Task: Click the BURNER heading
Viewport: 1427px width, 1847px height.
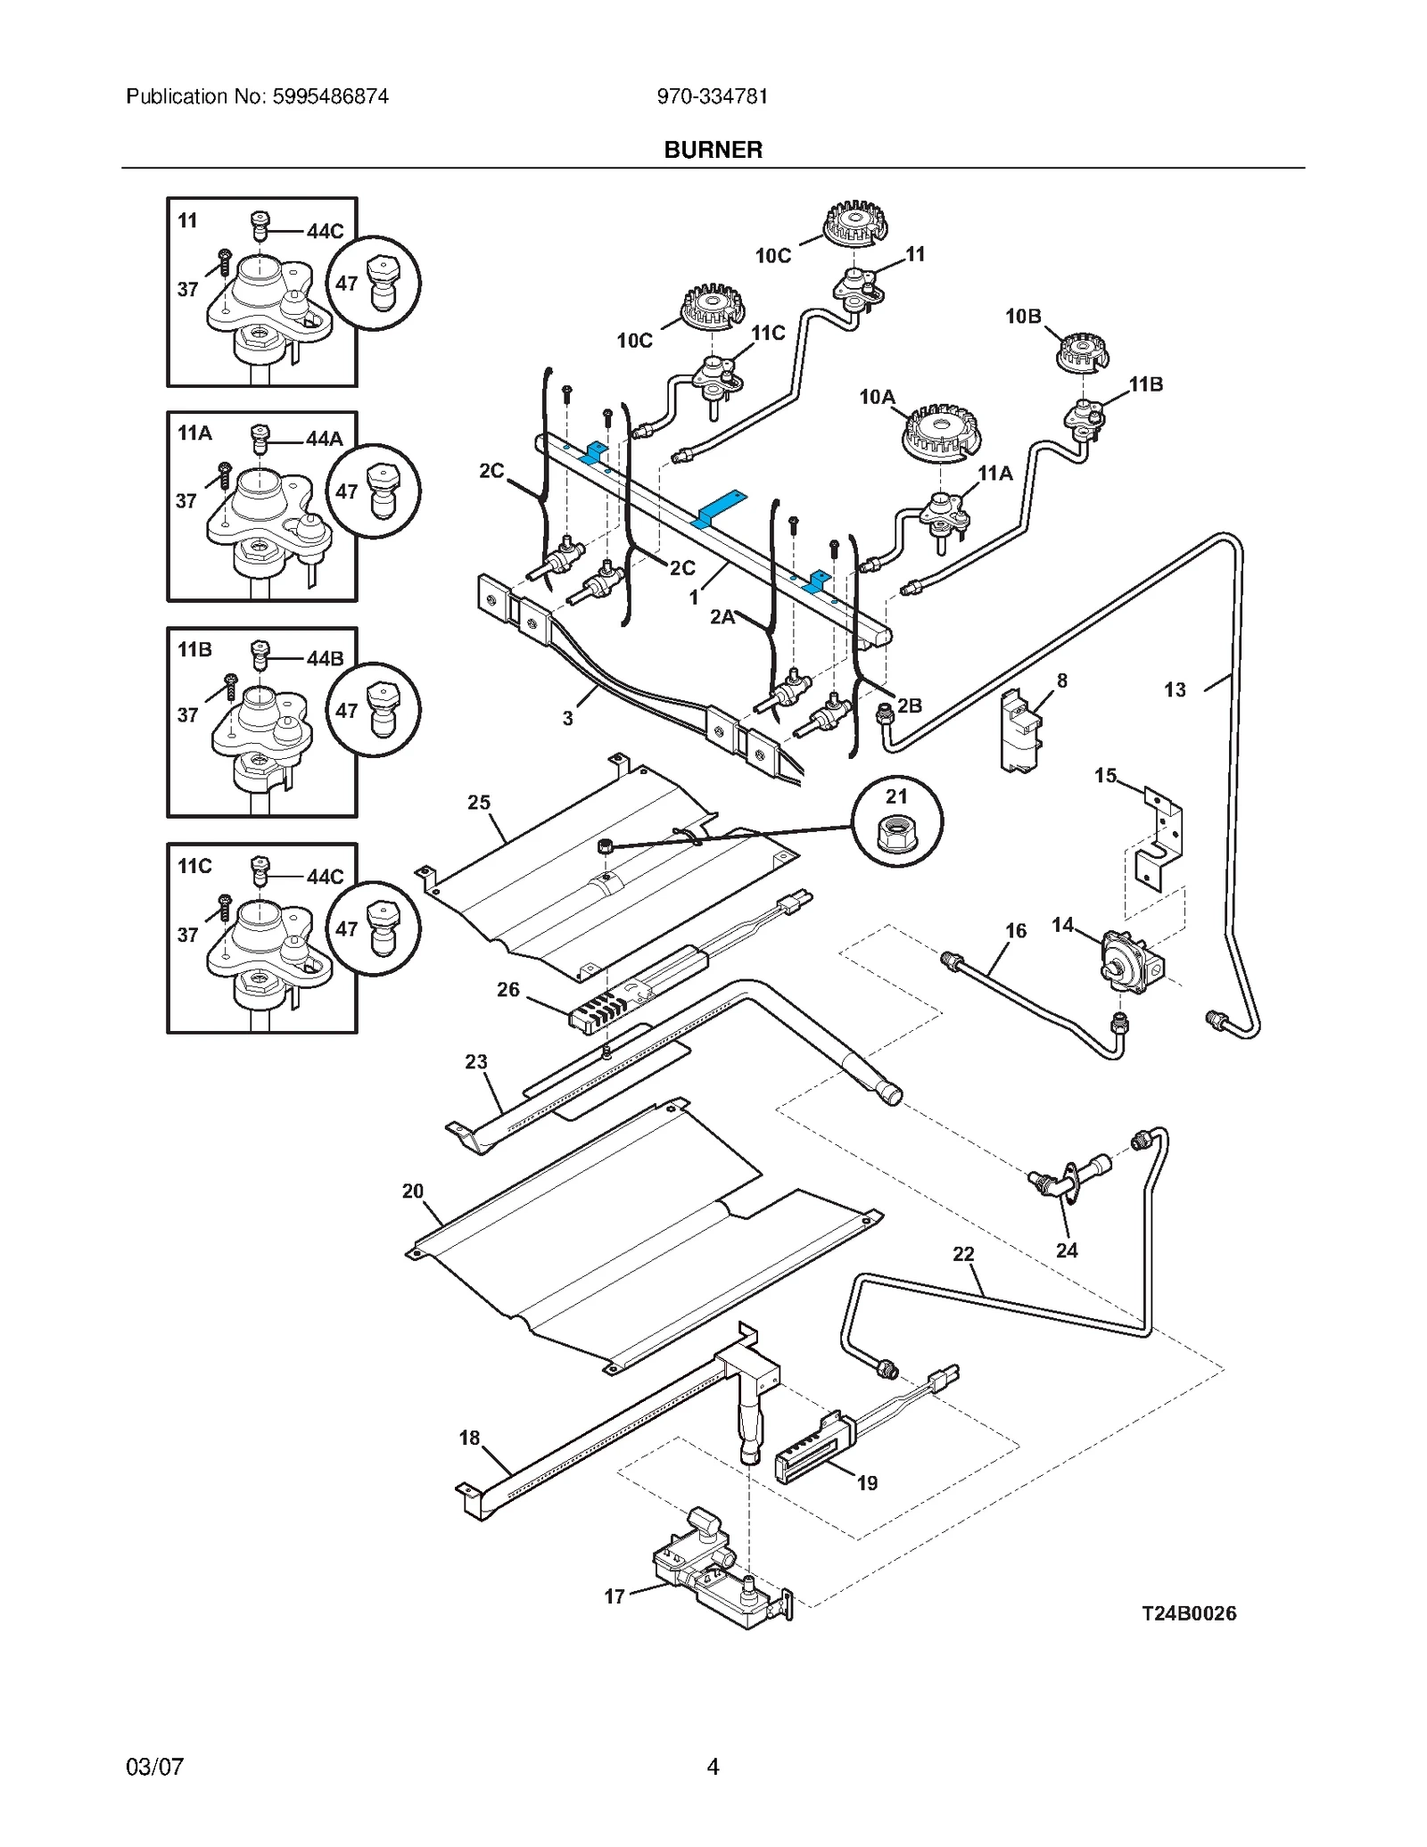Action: (x=713, y=150)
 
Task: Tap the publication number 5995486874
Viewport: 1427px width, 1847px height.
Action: (x=330, y=96)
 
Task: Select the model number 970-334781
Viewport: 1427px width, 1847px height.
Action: (x=712, y=96)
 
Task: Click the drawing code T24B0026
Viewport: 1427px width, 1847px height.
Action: (x=1189, y=1613)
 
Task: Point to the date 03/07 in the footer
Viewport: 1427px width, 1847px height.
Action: (x=154, y=1767)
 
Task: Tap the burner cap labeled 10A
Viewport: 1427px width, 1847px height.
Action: (x=940, y=433)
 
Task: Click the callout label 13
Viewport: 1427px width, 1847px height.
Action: (x=1175, y=689)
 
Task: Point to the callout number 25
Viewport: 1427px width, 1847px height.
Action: (x=479, y=803)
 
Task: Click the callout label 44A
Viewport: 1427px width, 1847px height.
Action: (x=325, y=439)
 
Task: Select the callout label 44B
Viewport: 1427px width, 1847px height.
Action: (x=325, y=658)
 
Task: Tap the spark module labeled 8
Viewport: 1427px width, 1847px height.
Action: (x=1019, y=731)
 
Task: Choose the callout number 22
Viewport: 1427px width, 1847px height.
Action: (x=963, y=1254)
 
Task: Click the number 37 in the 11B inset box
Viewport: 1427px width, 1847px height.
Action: (x=187, y=714)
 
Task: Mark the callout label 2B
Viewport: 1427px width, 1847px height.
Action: (x=910, y=705)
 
